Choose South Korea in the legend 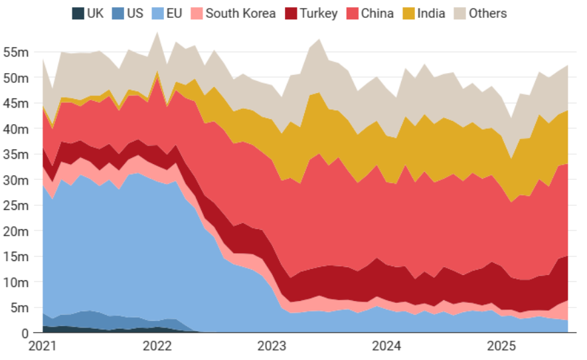(240, 13)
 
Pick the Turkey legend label (319, 13)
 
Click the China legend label (377, 13)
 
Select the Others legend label (487, 13)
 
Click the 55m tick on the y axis (17, 52)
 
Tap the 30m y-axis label (17, 180)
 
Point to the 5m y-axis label (19, 308)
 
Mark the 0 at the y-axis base (25, 333)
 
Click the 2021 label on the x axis (43, 346)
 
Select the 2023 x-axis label (272, 346)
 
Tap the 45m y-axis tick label (17, 103)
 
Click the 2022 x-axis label (157, 346)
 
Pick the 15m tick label (17, 256)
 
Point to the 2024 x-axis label (386, 346)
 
